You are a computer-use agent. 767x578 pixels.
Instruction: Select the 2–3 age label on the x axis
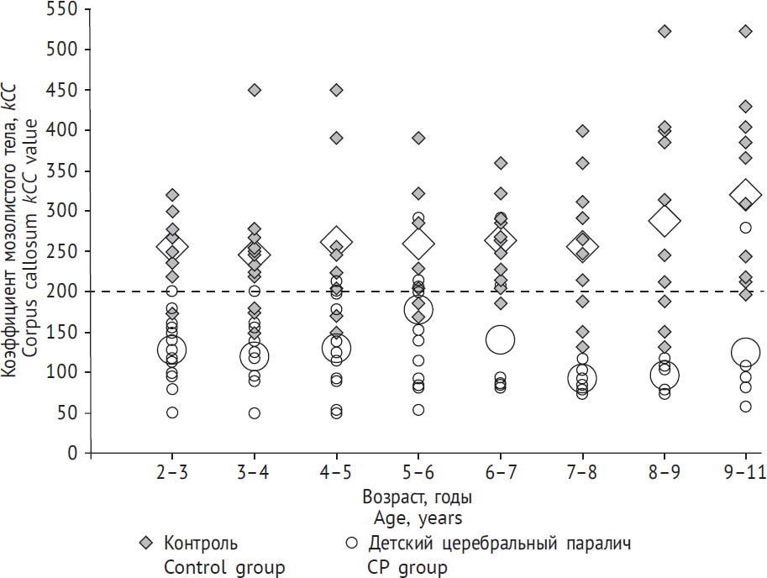pyautogui.click(x=172, y=474)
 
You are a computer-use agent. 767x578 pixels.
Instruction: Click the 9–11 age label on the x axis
pyautogui.click(x=745, y=474)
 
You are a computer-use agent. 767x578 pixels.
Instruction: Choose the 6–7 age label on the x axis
pyautogui.click(x=500, y=474)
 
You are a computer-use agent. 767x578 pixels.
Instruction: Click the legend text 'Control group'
pyautogui.click(x=224, y=568)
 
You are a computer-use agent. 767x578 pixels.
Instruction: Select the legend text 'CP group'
pyautogui.click(x=407, y=568)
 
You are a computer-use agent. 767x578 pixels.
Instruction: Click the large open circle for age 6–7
pyautogui.click(x=500, y=339)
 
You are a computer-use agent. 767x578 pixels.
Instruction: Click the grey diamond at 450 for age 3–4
pyautogui.click(x=255, y=90)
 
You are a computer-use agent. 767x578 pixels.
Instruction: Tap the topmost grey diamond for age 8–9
pyautogui.click(x=664, y=32)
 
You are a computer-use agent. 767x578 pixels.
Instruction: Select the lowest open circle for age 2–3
pyautogui.click(x=172, y=412)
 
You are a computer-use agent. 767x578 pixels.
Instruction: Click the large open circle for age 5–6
pyautogui.click(x=418, y=309)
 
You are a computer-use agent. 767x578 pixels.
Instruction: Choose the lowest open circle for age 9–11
pyautogui.click(x=745, y=407)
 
